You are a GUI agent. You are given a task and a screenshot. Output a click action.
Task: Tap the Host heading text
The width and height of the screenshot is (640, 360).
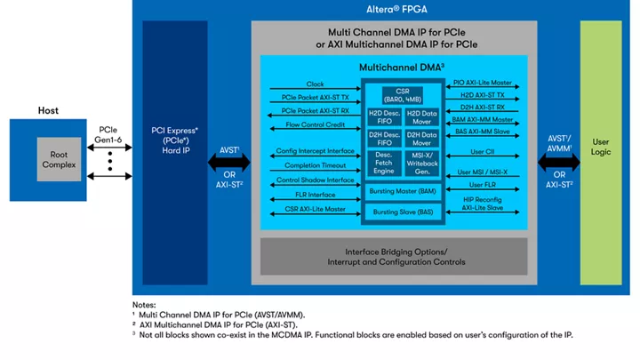click(48, 110)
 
